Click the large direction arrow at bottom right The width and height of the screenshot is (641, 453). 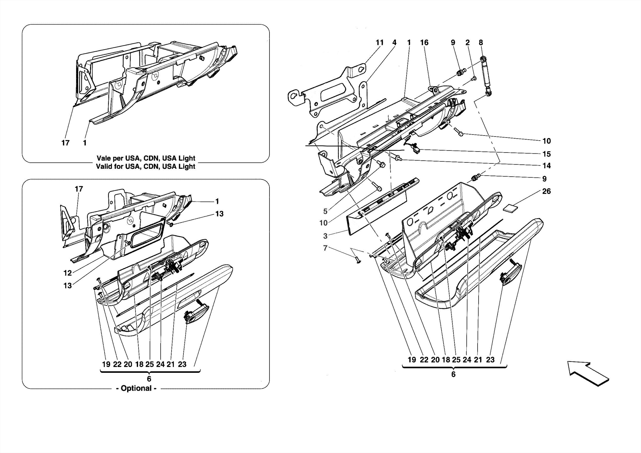pyautogui.click(x=588, y=373)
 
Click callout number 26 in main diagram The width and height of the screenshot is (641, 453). pyautogui.click(x=546, y=191)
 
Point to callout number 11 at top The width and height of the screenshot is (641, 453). pyautogui.click(x=379, y=43)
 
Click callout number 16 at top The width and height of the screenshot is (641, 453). pyautogui.click(x=424, y=43)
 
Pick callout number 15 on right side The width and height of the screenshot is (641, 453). pyautogui.click(x=546, y=154)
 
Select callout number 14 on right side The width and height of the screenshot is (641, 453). pyautogui.click(x=546, y=166)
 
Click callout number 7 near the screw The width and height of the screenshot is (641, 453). pyautogui.click(x=325, y=248)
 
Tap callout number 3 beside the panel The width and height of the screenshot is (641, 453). pyautogui.click(x=325, y=236)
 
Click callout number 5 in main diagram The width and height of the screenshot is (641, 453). pyautogui.click(x=325, y=211)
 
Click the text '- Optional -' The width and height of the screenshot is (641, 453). pyautogui.click(x=136, y=388)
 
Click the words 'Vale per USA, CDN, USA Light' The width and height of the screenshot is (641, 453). pyautogui.click(x=146, y=158)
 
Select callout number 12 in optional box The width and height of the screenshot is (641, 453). pyautogui.click(x=68, y=273)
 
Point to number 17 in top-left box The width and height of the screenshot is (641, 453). pyautogui.click(x=65, y=143)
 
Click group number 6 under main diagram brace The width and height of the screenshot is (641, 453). pyautogui.click(x=453, y=374)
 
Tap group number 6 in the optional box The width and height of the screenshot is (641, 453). pyautogui.click(x=149, y=379)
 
